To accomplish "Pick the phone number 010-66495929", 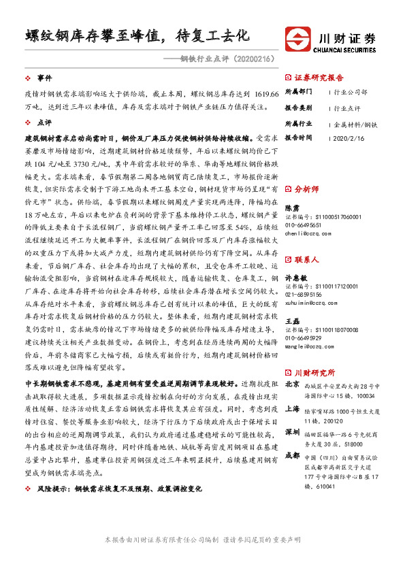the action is coord(304,338).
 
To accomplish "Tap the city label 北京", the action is coord(292,384).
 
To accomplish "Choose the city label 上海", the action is coord(292,408).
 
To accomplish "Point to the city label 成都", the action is coord(292,456).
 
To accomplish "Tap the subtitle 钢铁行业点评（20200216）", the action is coord(225,59).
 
